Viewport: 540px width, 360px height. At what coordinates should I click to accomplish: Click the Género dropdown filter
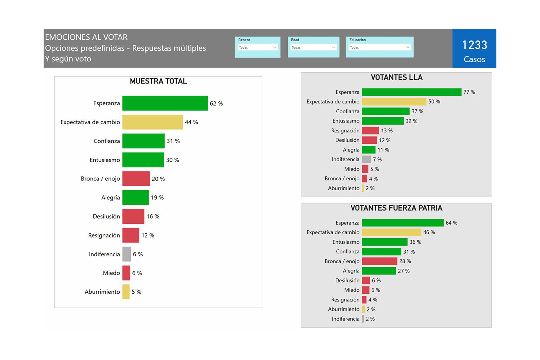pos(258,47)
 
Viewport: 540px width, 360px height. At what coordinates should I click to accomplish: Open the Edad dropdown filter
pos(313,47)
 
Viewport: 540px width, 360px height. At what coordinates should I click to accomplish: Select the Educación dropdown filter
pos(379,47)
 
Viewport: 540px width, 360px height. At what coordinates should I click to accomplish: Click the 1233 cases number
pos(474,45)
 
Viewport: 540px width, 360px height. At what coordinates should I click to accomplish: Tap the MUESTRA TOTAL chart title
pos(158,81)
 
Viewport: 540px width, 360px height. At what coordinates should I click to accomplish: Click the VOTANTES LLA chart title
pos(397,77)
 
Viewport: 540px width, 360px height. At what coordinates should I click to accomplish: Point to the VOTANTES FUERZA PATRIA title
pos(396,208)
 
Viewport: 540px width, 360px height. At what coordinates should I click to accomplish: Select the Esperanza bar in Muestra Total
pos(165,103)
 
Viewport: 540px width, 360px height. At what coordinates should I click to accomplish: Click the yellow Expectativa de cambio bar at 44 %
pos(152,122)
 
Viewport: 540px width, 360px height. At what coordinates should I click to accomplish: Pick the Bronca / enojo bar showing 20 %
pos(136,179)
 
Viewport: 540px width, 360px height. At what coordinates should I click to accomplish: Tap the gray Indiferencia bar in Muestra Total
pos(127,254)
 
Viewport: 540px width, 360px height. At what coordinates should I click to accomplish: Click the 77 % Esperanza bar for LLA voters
pos(411,92)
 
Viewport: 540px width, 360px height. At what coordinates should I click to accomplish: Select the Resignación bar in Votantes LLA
pos(370,131)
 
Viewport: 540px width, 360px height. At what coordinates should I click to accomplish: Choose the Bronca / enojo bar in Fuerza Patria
pos(379,261)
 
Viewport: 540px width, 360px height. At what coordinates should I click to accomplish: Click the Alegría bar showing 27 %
pos(379,271)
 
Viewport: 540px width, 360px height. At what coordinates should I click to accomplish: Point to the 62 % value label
pos(216,103)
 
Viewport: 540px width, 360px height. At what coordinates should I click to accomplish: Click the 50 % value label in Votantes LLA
pos(434,102)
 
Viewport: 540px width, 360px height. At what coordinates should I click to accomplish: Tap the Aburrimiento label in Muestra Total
pos(102,292)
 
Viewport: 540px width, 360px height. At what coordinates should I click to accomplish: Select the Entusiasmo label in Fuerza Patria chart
pos(346,242)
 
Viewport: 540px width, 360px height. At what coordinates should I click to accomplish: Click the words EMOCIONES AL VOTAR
pos(86,37)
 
